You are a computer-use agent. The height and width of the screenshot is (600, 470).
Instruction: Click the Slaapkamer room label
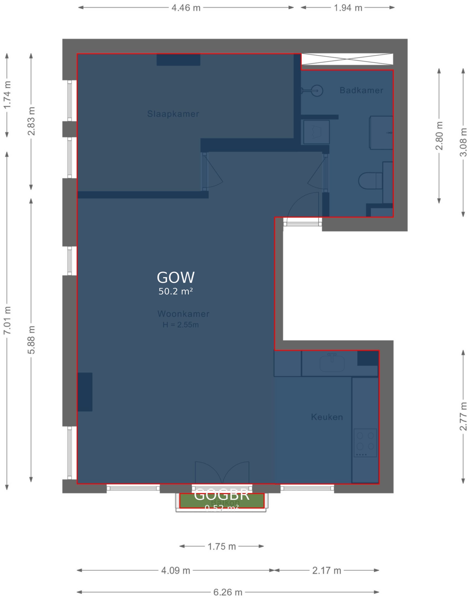[173, 114]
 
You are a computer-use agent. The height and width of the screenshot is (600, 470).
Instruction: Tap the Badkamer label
[361, 90]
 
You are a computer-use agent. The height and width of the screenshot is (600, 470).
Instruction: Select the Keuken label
[327, 417]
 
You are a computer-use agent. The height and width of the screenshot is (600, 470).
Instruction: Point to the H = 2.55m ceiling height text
[181, 325]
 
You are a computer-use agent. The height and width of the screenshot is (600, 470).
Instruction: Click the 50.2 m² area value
[176, 292]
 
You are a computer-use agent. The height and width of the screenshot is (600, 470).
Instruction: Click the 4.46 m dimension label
[186, 8]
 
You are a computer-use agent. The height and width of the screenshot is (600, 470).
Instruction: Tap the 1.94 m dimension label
[348, 8]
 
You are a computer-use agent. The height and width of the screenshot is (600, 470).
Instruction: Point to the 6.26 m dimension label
[228, 592]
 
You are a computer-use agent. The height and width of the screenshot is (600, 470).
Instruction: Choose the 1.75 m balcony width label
[222, 546]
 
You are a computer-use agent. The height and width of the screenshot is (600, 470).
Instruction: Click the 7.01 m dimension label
[7, 320]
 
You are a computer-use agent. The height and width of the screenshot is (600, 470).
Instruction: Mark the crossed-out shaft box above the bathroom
[347, 59]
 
